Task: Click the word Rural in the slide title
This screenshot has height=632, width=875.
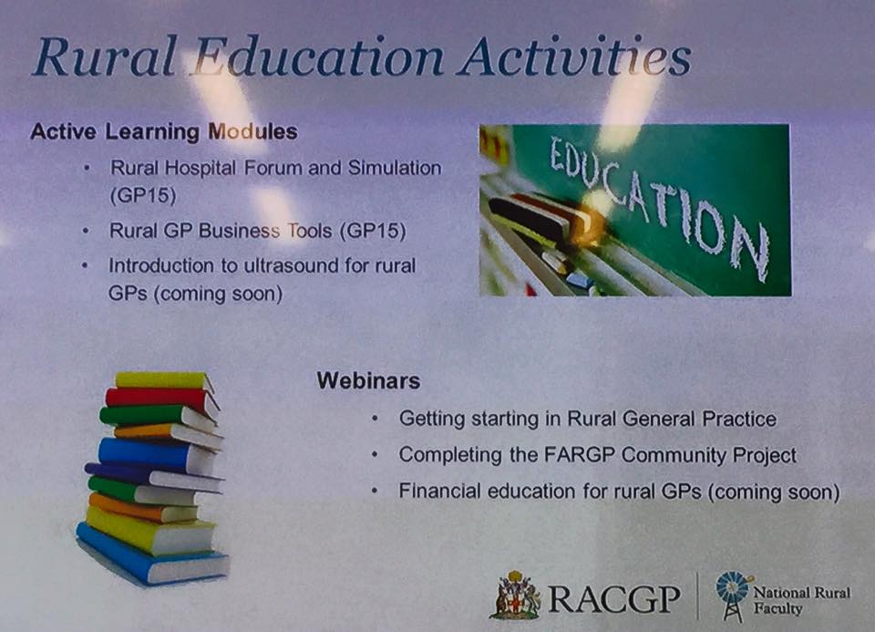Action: (x=104, y=57)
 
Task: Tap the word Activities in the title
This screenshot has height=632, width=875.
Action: (x=575, y=57)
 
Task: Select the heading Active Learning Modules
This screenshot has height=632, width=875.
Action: (x=164, y=132)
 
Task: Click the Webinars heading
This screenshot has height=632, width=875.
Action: (x=368, y=381)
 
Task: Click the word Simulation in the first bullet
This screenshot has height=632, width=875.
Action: (x=395, y=168)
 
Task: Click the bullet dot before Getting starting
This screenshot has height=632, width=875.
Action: (x=375, y=419)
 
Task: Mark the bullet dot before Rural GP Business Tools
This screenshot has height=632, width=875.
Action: (x=85, y=230)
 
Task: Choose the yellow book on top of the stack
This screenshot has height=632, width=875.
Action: (x=165, y=381)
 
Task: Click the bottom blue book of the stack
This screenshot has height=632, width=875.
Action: (x=150, y=554)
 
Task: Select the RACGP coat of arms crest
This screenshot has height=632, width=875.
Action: (x=515, y=596)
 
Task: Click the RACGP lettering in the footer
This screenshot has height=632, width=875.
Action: (x=613, y=599)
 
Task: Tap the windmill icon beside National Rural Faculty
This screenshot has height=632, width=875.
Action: (x=733, y=596)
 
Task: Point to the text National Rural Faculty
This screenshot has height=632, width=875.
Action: (x=801, y=600)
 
